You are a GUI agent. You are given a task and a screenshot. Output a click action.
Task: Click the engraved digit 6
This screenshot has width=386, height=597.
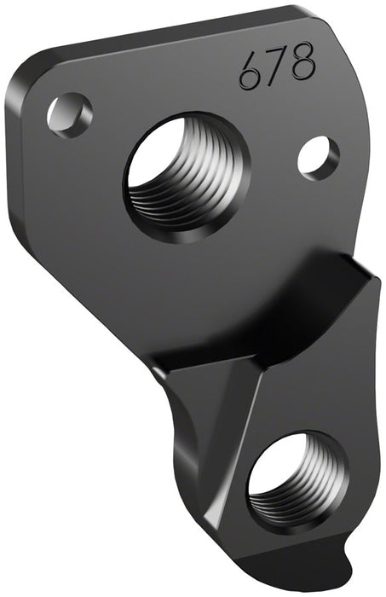coord(250,72)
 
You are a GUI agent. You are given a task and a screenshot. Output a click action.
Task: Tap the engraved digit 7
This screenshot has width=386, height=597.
coord(275,67)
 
